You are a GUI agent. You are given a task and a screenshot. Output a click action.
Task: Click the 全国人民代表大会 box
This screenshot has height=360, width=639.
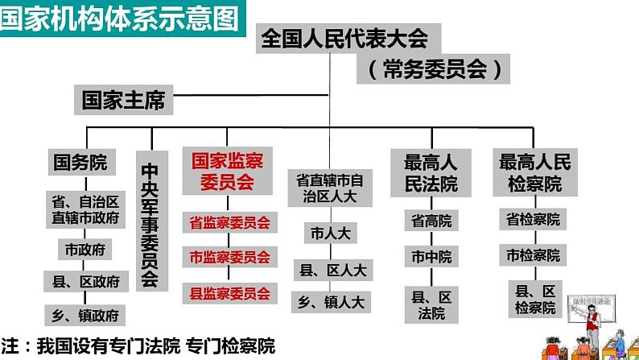point(348,39)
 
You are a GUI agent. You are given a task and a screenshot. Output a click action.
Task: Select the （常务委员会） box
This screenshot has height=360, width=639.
point(433,69)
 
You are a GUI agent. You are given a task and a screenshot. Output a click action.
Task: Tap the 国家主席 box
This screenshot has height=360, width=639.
point(123,100)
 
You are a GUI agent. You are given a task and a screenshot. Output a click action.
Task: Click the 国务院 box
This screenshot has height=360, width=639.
point(81,162)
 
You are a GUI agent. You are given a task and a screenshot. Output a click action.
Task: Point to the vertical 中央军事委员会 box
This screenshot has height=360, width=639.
point(151,221)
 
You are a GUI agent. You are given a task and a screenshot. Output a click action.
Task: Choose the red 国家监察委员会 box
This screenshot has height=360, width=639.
point(228,171)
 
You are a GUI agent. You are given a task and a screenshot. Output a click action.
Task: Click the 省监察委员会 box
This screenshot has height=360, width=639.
point(230,222)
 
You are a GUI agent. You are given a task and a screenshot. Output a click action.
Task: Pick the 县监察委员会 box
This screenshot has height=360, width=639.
point(230,293)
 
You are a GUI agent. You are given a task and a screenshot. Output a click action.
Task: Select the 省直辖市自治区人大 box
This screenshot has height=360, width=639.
point(330,188)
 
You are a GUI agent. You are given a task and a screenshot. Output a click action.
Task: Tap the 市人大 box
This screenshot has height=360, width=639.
point(331,234)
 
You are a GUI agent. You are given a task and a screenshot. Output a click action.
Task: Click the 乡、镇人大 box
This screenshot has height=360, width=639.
point(331,302)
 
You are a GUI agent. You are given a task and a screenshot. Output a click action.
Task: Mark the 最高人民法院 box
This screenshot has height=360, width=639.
point(431,173)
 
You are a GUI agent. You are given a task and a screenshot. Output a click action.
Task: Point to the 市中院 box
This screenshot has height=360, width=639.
point(431,256)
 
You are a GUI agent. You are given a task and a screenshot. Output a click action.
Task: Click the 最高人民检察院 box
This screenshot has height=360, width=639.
point(535,172)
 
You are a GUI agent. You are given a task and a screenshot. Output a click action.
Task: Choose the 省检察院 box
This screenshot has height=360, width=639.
point(533,219)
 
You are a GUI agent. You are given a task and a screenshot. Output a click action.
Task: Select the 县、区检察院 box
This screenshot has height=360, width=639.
point(535,300)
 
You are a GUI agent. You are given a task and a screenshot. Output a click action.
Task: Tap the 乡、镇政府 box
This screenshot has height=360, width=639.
point(85,315)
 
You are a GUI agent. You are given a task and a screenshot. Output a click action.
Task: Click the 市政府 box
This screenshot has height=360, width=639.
point(85,249)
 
